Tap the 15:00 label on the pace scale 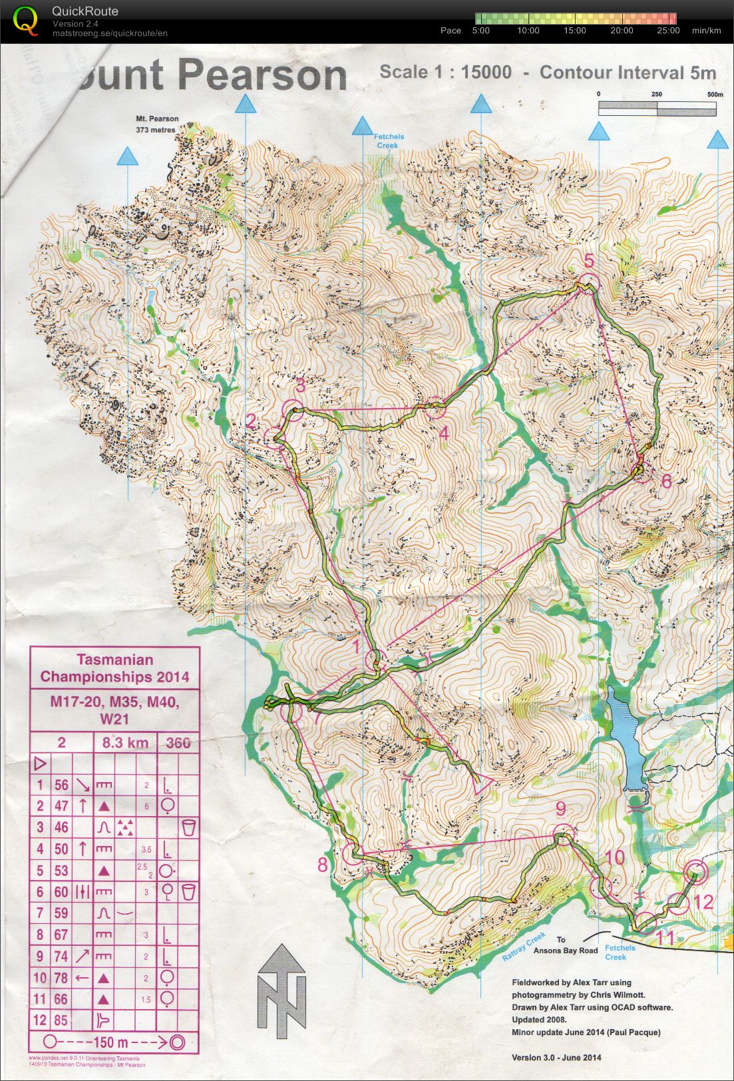tap(574, 31)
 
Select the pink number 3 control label tap(300, 385)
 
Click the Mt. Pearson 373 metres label tap(157, 124)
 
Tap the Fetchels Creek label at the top tap(389, 141)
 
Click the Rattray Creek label tap(524, 947)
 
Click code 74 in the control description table tap(61, 957)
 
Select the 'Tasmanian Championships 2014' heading tap(114, 668)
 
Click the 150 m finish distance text tap(112, 1042)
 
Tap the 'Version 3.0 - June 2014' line tap(556, 1057)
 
